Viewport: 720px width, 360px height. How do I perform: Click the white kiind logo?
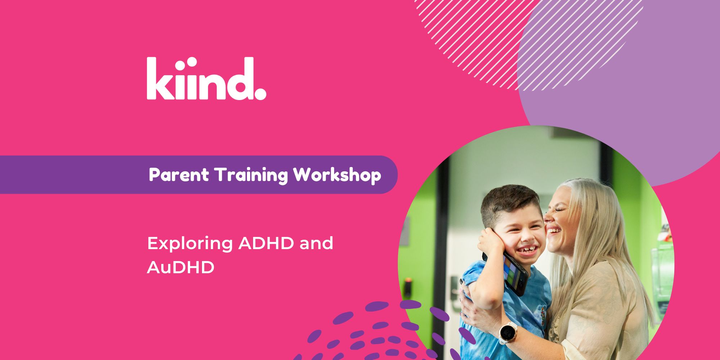206,78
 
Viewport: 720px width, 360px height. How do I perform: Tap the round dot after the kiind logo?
260,94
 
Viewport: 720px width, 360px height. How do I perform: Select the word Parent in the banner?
179,175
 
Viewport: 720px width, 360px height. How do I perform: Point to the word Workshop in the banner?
337,175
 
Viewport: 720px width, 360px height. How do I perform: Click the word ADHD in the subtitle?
266,243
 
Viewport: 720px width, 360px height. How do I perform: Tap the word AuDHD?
181,267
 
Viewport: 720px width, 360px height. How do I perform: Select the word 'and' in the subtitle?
316,243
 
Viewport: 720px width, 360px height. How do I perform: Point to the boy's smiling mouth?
526,249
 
